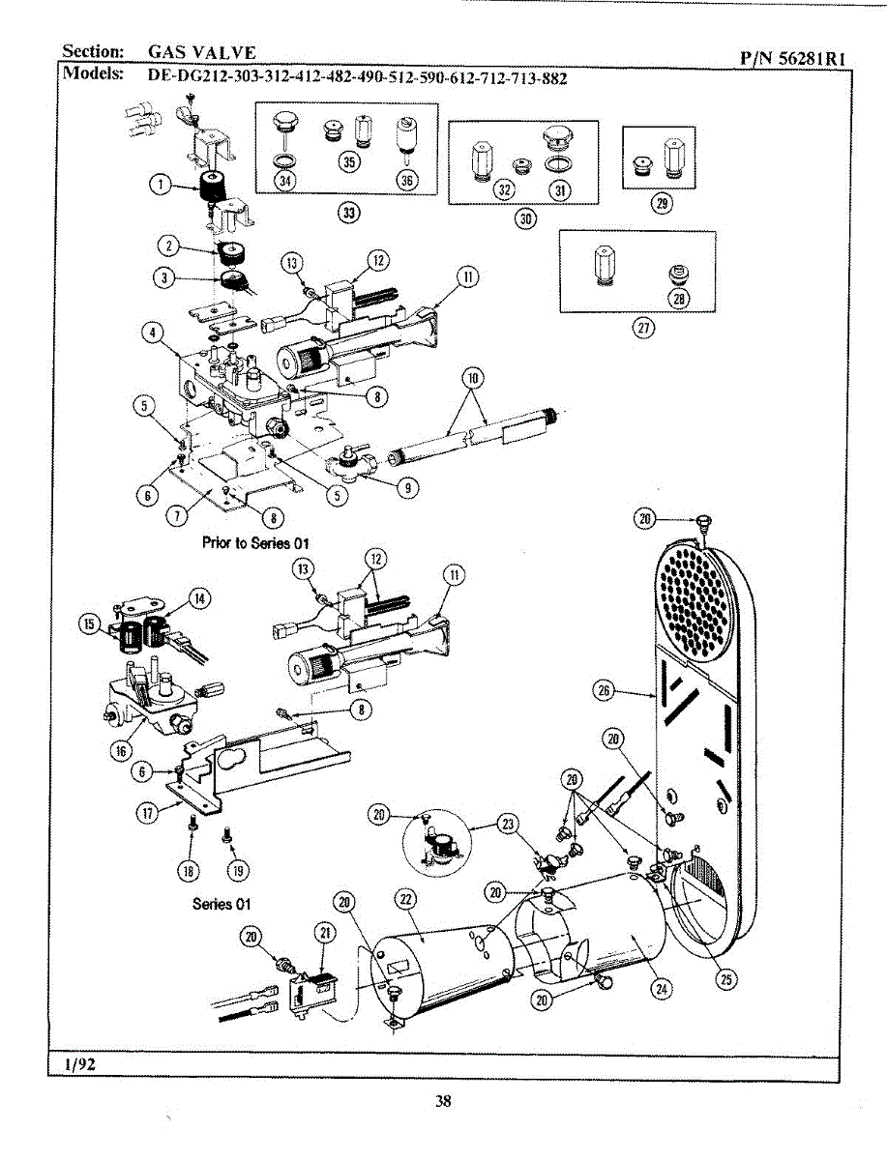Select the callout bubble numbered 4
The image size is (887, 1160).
tap(152, 333)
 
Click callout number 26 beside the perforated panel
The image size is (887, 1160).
tap(605, 689)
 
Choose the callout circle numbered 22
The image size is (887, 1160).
tap(406, 899)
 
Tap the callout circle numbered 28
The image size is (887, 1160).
tap(679, 298)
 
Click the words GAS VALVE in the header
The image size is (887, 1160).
tap(202, 51)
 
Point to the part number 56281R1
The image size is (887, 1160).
tap(793, 58)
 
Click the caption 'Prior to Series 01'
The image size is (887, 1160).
tap(256, 541)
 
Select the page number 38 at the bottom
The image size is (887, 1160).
tap(443, 1100)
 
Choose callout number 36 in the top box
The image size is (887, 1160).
tap(407, 180)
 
